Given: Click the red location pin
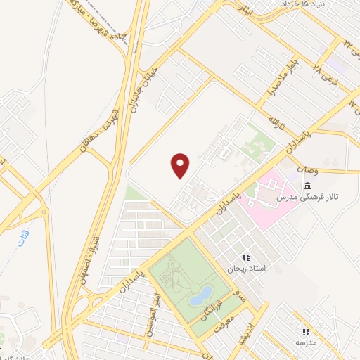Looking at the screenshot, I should click(181, 166).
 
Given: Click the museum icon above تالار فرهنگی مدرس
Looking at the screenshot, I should click(308, 185).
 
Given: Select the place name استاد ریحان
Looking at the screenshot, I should click(245, 269).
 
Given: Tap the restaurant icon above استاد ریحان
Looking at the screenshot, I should click(245, 258).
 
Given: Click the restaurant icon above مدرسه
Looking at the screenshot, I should click(305, 331).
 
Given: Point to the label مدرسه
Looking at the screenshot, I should click(305, 342).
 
